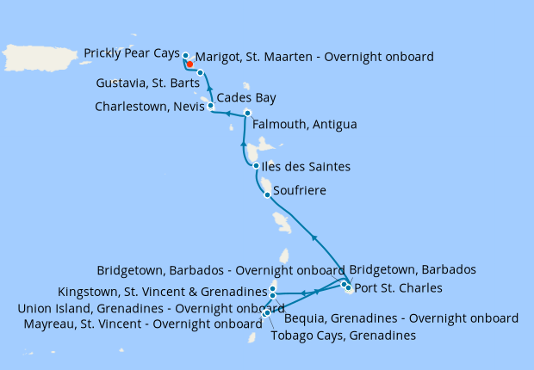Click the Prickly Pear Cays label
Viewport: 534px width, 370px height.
coord(132,53)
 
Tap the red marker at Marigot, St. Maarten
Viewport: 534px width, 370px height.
coord(189,63)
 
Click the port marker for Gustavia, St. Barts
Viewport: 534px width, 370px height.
coord(200,72)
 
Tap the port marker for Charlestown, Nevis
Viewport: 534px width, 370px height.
coord(211,106)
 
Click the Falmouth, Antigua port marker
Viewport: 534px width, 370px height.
coord(247,114)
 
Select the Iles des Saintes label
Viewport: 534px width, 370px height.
coord(307,166)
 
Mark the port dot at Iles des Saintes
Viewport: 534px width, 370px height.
coord(256,166)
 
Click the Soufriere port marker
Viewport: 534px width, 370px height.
coord(267,194)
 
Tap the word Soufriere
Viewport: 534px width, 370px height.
coord(300,189)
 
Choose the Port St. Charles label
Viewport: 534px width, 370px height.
coord(400,287)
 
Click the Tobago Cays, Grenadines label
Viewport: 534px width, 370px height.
coord(343,336)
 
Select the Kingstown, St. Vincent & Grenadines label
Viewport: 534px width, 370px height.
coord(162,291)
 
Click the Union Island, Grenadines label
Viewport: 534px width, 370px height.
coord(151,308)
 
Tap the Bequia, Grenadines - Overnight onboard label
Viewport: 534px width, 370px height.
coord(400,318)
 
